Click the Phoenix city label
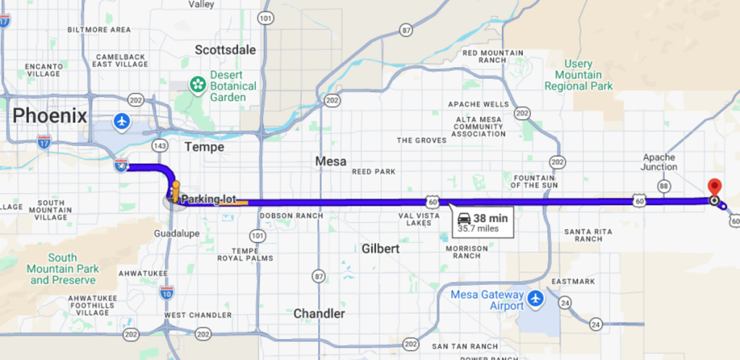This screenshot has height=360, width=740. (x=50, y=115)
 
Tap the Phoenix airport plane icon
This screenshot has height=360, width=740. (x=122, y=120)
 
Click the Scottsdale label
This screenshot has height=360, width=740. (x=226, y=50)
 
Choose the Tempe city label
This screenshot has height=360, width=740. (x=204, y=147)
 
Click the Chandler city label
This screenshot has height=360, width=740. (x=319, y=314)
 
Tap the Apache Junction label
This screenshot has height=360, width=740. (x=659, y=162)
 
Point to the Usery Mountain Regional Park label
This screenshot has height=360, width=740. (x=579, y=75)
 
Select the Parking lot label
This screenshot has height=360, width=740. (x=209, y=199)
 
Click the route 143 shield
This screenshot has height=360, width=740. (x=161, y=146)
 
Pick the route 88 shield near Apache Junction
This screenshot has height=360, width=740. (x=664, y=186)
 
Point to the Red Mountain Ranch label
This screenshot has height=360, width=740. (x=494, y=56)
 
